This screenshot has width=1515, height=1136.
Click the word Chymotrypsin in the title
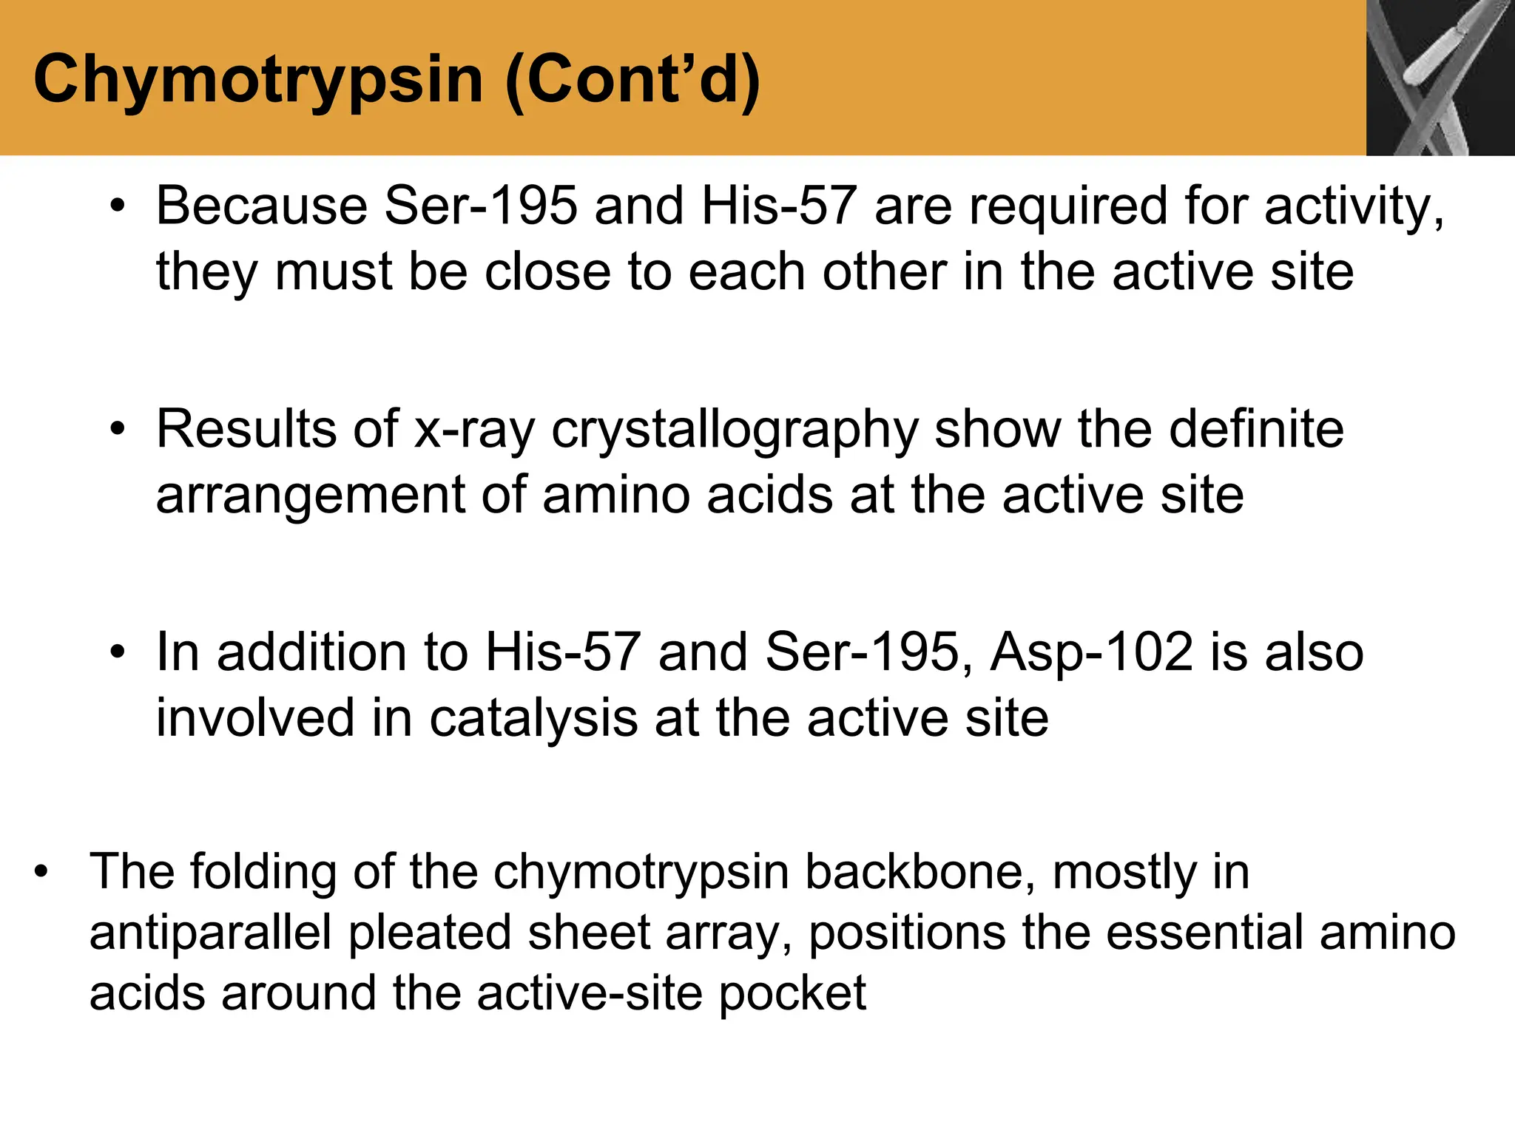click(258, 80)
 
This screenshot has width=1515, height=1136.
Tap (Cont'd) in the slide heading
click(633, 80)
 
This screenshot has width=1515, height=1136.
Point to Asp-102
click(1092, 652)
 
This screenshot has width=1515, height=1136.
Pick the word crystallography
click(735, 430)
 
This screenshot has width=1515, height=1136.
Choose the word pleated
click(430, 933)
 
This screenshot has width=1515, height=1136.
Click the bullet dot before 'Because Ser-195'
click(118, 207)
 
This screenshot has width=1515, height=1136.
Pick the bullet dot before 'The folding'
click(41, 873)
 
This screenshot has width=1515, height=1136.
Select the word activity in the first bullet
click(1353, 206)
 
